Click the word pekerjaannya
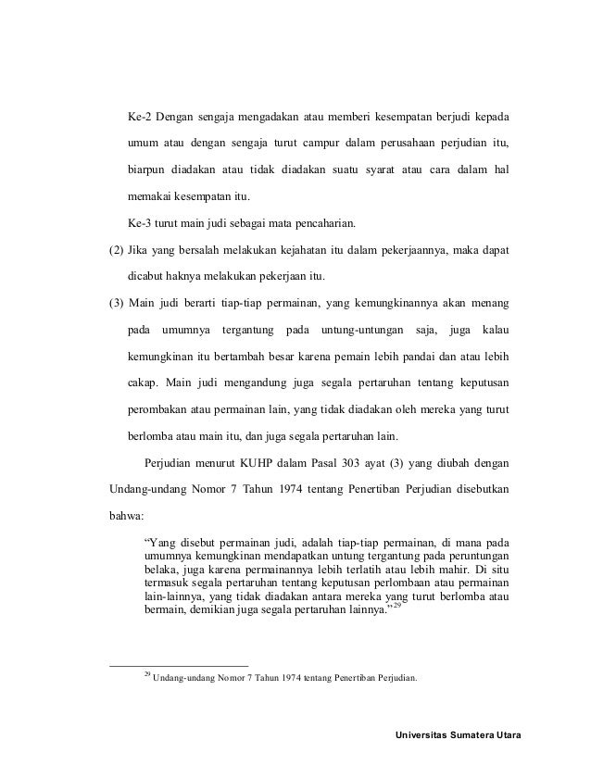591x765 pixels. coord(420,249)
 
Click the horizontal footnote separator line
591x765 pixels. coord(179,665)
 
